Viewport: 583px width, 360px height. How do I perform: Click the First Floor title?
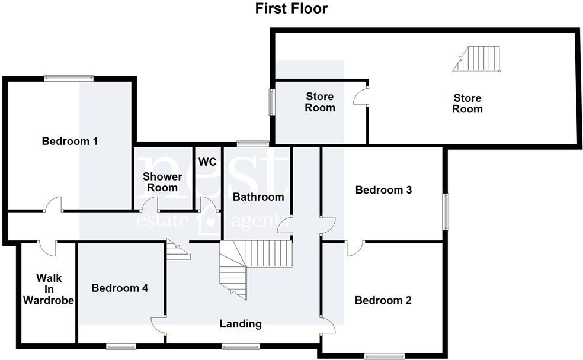tap(291, 9)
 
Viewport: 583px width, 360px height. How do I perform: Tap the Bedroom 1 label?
tap(70, 142)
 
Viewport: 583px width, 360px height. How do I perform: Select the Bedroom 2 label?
tap(383, 300)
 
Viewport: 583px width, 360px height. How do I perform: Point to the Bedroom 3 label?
tap(383, 190)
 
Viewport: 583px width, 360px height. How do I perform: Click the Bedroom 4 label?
tap(120, 288)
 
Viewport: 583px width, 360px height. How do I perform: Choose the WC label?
tap(207, 162)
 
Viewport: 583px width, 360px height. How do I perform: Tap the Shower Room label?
tap(161, 182)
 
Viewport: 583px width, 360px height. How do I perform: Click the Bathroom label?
tap(258, 197)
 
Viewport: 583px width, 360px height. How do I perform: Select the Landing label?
tap(241, 324)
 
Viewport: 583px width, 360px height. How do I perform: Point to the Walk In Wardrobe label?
tap(49, 289)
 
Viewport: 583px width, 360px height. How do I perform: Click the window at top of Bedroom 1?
tap(69, 77)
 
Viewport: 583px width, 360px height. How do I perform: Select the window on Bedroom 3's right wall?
tap(447, 211)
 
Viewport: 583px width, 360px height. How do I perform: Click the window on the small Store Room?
tap(272, 102)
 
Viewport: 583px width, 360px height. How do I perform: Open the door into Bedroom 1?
tap(53, 205)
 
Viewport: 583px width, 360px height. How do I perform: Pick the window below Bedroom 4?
tap(121, 346)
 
